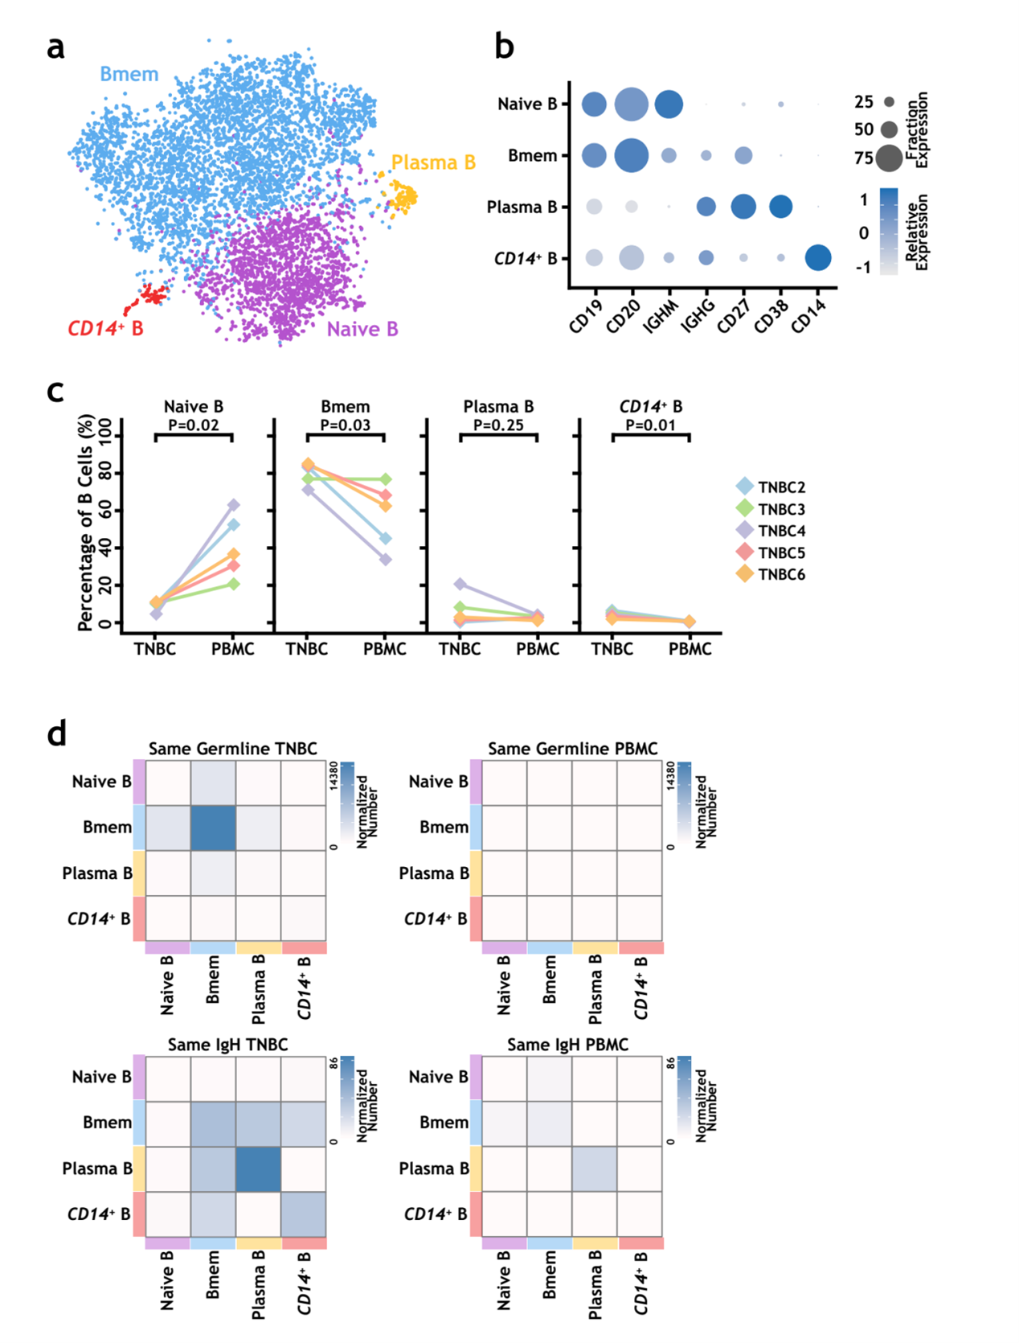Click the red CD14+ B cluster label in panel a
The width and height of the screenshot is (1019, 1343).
click(x=105, y=328)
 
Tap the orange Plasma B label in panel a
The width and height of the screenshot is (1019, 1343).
click(x=433, y=162)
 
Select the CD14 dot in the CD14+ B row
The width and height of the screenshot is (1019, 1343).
click(x=818, y=258)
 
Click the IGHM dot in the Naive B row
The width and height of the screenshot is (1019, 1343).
click(x=669, y=104)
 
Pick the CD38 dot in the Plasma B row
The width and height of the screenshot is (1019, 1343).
click(x=780, y=207)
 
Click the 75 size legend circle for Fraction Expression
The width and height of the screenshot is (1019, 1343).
click(x=889, y=158)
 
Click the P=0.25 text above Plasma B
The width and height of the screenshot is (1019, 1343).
click(x=498, y=425)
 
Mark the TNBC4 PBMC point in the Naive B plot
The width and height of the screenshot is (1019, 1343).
click(x=233, y=505)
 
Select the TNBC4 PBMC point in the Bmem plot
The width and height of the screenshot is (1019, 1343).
click(x=385, y=559)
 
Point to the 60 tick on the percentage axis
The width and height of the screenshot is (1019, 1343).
click(x=105, y=511)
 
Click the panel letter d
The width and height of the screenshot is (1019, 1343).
click(x=56, y=734)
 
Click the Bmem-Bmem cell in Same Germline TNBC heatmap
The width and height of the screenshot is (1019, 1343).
click(x=213, y=828)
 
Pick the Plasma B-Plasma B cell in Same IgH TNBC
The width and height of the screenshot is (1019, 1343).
click(x=258, y=1168)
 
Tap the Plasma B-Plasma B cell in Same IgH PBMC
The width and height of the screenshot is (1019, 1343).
click(x=595, y=1168)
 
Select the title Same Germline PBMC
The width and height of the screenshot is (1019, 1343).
click(x=572, y=749)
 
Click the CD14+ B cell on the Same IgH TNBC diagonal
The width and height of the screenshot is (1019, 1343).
click(x=304, y=1214)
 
